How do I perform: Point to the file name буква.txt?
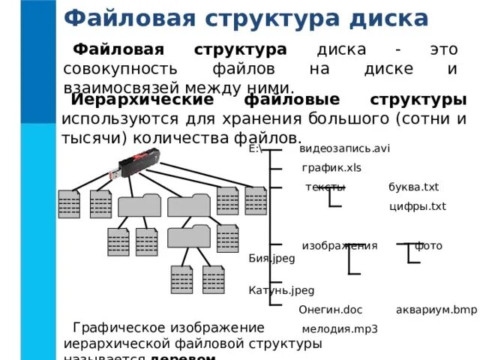pos(413,187)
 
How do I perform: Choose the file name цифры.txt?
pos(418,206)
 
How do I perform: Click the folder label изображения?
pos(339,245)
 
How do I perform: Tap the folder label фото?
pos(428,245)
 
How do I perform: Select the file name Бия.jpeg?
pos(271,258)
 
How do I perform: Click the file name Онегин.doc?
pos(331,309)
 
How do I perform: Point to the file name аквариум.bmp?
pos(436,309)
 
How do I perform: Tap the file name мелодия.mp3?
pos(340,328)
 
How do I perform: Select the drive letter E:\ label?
pos(255,148)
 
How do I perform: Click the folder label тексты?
pos(325,187)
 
